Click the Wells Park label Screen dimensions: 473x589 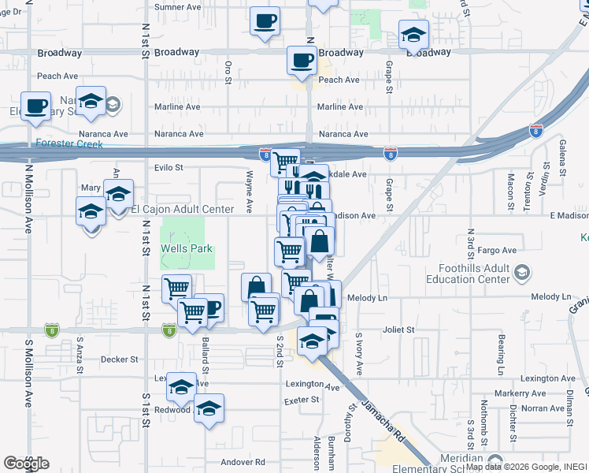(x=183, y=248)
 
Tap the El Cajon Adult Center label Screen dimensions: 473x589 (x=183, y=209)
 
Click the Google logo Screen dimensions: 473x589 (x=26, y=463)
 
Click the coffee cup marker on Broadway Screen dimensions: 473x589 (x=301, y=59)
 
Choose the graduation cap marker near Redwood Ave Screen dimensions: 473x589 (x=209, y=409)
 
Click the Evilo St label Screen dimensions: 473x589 (x=169, y=167)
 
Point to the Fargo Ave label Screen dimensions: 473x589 (x=497, y=251)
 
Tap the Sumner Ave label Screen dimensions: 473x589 (x=179, y=7)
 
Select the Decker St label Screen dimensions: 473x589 (x=120, y=359)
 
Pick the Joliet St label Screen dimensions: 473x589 (x=398, y=330)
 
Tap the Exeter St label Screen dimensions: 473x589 (x=302, y=400)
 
